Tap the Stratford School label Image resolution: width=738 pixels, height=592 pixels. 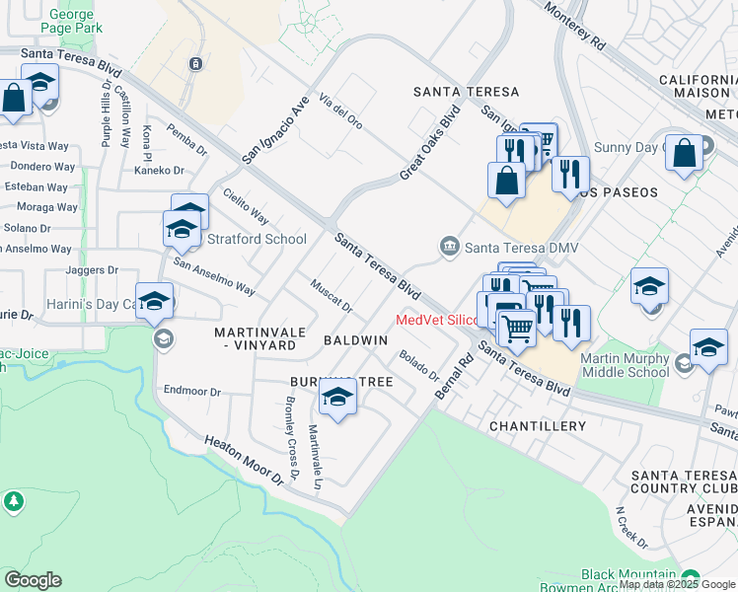256,239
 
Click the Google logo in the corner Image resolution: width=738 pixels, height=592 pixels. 33,580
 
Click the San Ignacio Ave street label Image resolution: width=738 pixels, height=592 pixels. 276,129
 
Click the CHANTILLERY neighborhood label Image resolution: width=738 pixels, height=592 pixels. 537,426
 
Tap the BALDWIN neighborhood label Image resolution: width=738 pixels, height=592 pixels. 355,339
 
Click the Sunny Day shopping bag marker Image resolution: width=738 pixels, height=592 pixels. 684,152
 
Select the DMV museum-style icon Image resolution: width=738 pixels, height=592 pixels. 450,246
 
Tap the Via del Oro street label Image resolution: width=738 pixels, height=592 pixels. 340,111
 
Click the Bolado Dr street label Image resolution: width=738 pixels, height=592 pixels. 419,366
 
